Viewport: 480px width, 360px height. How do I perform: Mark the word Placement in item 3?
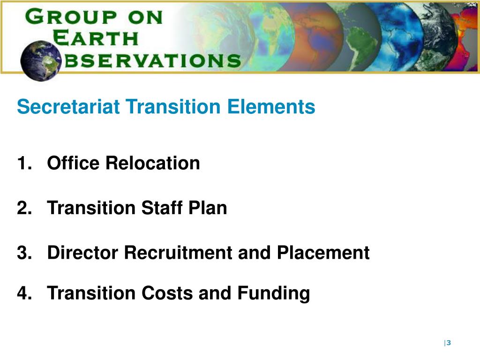click(323, 253)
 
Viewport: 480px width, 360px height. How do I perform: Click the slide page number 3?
click(449, 343)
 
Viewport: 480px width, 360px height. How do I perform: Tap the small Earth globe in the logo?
click(41, 60)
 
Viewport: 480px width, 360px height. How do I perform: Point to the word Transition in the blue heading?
click(173, 107)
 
